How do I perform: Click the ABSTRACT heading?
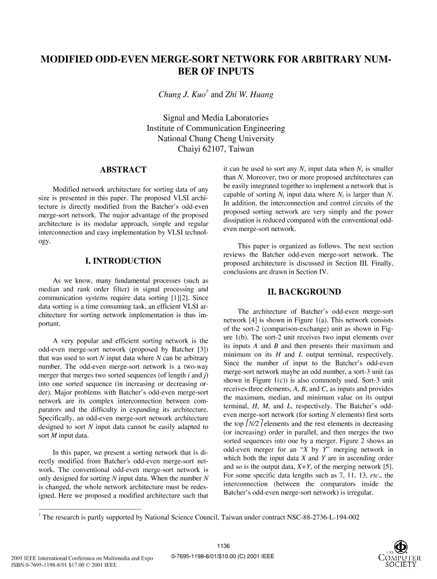[x=123, y=170]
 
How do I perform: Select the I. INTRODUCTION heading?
[x=123, y=261]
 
